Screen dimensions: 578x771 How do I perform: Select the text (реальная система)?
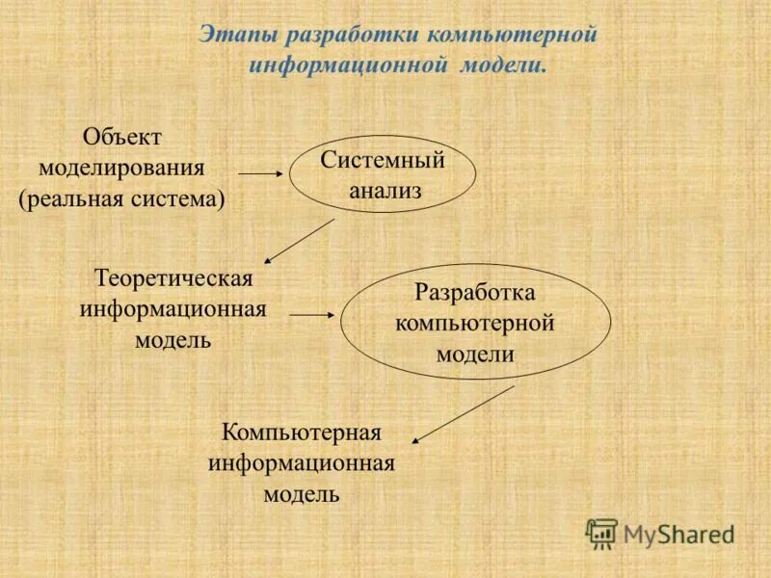click(x=121, y=199)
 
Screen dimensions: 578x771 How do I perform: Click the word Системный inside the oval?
click(x=383, y=160)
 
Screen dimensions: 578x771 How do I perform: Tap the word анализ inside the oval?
click(x=385, y=191)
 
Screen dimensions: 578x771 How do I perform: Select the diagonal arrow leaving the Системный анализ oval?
click(x=300, y=241)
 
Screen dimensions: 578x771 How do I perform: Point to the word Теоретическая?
click(x=173, y=278)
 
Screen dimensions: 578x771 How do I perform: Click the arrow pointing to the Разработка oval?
click(x=311, y=314)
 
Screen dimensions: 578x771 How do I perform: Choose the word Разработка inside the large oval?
click(x=474, y=291)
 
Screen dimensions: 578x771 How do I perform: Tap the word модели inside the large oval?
click(x=475, y=353)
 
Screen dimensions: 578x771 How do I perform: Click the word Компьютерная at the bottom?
click(x=302, y=431)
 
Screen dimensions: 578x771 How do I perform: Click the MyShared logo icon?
click(x=601, y=533)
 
